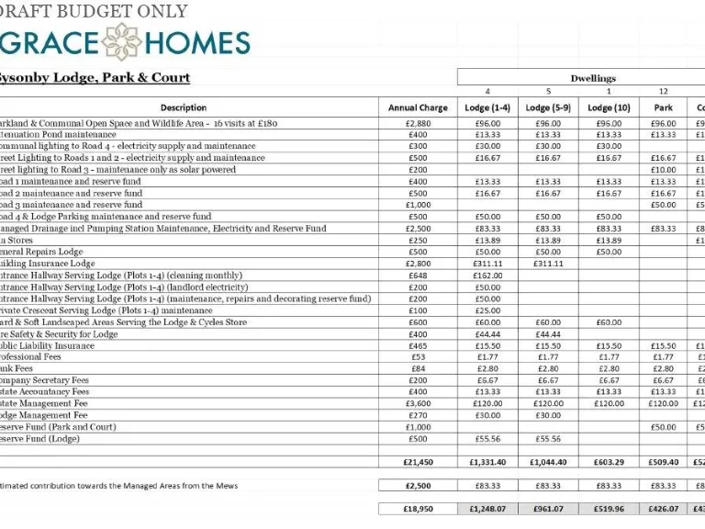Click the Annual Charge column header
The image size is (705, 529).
(418, 107)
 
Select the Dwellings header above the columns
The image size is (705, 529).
(592, 78)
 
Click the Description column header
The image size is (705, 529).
(184, 107)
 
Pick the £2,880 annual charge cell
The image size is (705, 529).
(418, 123)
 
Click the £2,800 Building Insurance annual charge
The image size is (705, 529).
(418, 264)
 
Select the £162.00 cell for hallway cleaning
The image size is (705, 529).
(487, 275)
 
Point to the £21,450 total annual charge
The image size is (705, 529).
(418, 462)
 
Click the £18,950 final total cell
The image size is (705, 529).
(418, 508)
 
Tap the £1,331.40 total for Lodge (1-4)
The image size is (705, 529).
(487, 462)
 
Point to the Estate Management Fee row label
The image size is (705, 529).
(46, 403)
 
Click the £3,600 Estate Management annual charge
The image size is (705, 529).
(418, 403)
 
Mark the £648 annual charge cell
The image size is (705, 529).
(418, 275)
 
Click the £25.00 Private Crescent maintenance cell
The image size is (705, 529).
(487, 310)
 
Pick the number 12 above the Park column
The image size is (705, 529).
(664, 92)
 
